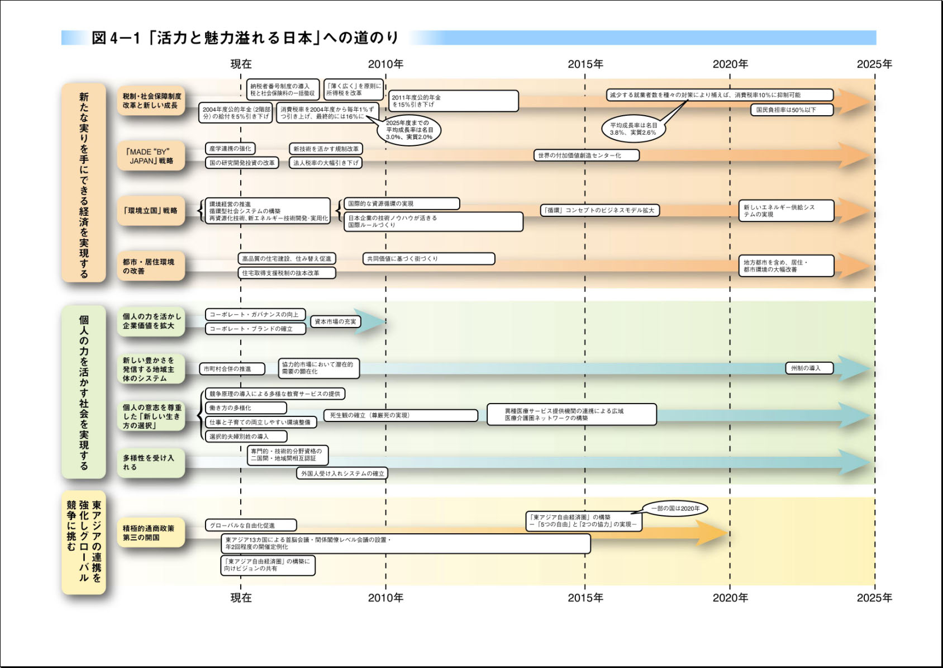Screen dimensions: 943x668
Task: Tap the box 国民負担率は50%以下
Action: point(792,110)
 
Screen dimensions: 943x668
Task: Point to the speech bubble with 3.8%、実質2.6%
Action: point(634,129)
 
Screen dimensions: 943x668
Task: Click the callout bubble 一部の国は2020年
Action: point(675,508)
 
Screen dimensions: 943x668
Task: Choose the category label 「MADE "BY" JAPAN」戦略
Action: point(151,157)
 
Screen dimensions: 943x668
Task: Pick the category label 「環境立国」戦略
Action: point(151,211)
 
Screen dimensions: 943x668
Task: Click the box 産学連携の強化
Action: point(230,149)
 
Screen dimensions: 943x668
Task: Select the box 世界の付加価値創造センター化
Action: point(587,155)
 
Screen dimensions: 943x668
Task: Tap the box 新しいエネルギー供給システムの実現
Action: point(787,211)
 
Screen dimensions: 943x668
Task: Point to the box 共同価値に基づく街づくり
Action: point(428,259)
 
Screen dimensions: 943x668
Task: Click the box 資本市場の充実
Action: point(336,322)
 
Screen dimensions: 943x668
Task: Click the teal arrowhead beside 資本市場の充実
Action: point(371,322)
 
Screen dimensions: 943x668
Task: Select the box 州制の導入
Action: point(809,368)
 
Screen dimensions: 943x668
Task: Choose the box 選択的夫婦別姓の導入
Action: point(246,437)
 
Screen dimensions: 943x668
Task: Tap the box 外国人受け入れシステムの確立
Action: point(342,473)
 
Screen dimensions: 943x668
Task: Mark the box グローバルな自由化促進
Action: point(251,525)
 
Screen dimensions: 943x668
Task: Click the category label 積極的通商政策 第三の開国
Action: point(151,533)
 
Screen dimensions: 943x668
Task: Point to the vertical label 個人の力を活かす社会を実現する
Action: point(84,392)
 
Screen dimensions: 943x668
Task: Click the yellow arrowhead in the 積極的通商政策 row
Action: point(712,533)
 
